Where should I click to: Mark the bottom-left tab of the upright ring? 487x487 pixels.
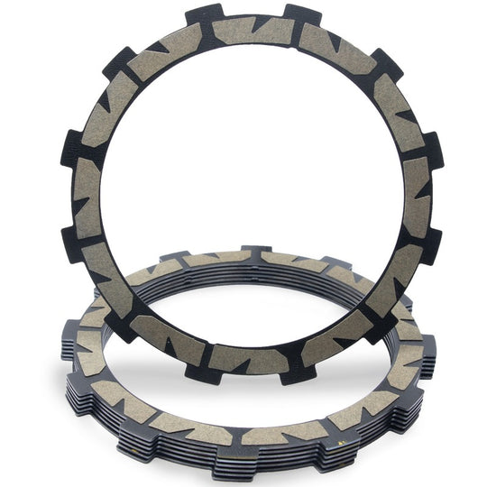(198, 368)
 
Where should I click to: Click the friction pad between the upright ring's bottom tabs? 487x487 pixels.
(248, 358)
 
